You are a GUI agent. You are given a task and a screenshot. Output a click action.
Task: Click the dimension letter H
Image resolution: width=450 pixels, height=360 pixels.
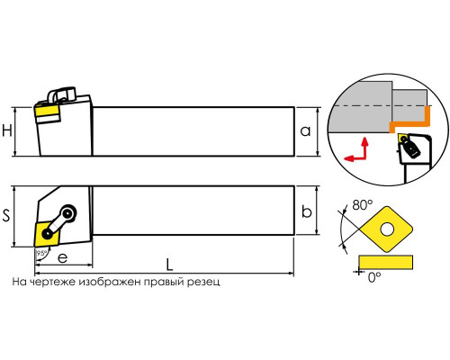(7, 131)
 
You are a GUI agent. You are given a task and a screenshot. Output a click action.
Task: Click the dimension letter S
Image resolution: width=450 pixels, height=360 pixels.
(6, 215)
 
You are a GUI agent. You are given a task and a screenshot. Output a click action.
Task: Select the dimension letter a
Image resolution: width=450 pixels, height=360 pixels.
(305, 131)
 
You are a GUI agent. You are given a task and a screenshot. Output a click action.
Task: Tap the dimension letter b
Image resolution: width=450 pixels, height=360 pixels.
(306, 211)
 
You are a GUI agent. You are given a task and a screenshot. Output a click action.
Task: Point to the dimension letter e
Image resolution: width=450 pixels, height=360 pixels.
(62, 258)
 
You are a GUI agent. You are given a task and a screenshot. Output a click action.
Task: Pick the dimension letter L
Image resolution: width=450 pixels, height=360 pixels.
(169, 265)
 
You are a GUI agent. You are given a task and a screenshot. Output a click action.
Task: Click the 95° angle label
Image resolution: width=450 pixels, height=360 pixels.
(40, 253)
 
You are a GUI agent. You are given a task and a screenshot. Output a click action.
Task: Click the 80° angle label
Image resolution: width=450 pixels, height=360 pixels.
(363, 205)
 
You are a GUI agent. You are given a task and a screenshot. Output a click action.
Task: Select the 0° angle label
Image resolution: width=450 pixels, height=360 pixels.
(374, 277)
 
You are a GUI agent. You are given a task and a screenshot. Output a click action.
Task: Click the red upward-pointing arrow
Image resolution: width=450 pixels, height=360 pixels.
(364, 148)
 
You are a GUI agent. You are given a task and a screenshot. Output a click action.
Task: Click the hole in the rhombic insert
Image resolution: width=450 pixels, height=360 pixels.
(387, 229)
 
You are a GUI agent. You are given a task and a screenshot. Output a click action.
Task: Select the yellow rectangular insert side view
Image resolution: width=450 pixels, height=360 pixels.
(385, 262)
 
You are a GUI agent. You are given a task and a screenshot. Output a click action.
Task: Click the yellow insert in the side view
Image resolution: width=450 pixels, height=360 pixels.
(46, 112)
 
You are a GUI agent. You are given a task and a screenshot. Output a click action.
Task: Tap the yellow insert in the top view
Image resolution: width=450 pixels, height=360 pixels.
(46, 234)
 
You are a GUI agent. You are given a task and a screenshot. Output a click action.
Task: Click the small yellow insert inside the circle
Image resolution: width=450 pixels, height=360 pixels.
(403, 139)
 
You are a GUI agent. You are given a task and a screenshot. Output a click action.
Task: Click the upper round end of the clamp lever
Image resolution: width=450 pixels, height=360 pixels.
(68, 213)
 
